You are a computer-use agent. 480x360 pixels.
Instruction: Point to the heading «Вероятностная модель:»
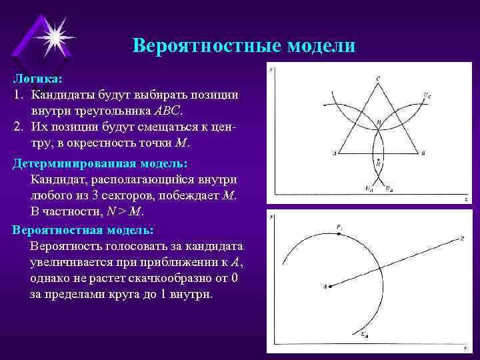(x=83, y=230)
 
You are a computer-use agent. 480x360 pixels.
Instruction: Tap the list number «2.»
(x=19, y=127)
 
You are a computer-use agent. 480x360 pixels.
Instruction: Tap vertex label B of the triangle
(x=423, y=153)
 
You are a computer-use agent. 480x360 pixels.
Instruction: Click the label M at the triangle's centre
(x=379, y=123)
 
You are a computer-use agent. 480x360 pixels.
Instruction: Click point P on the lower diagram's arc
(x=339, y=228)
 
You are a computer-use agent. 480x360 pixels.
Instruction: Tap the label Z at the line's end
(x=462, y=238)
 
